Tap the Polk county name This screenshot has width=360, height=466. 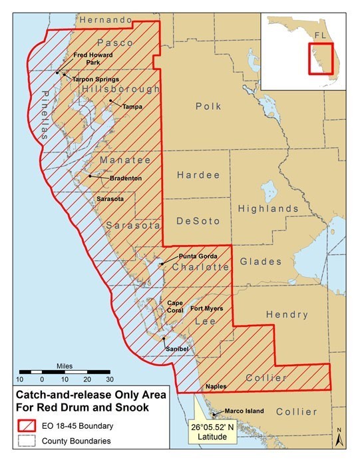click(208, 107)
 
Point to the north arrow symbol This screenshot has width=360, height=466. click(339, 436)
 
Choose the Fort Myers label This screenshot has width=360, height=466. click(207, 309)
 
